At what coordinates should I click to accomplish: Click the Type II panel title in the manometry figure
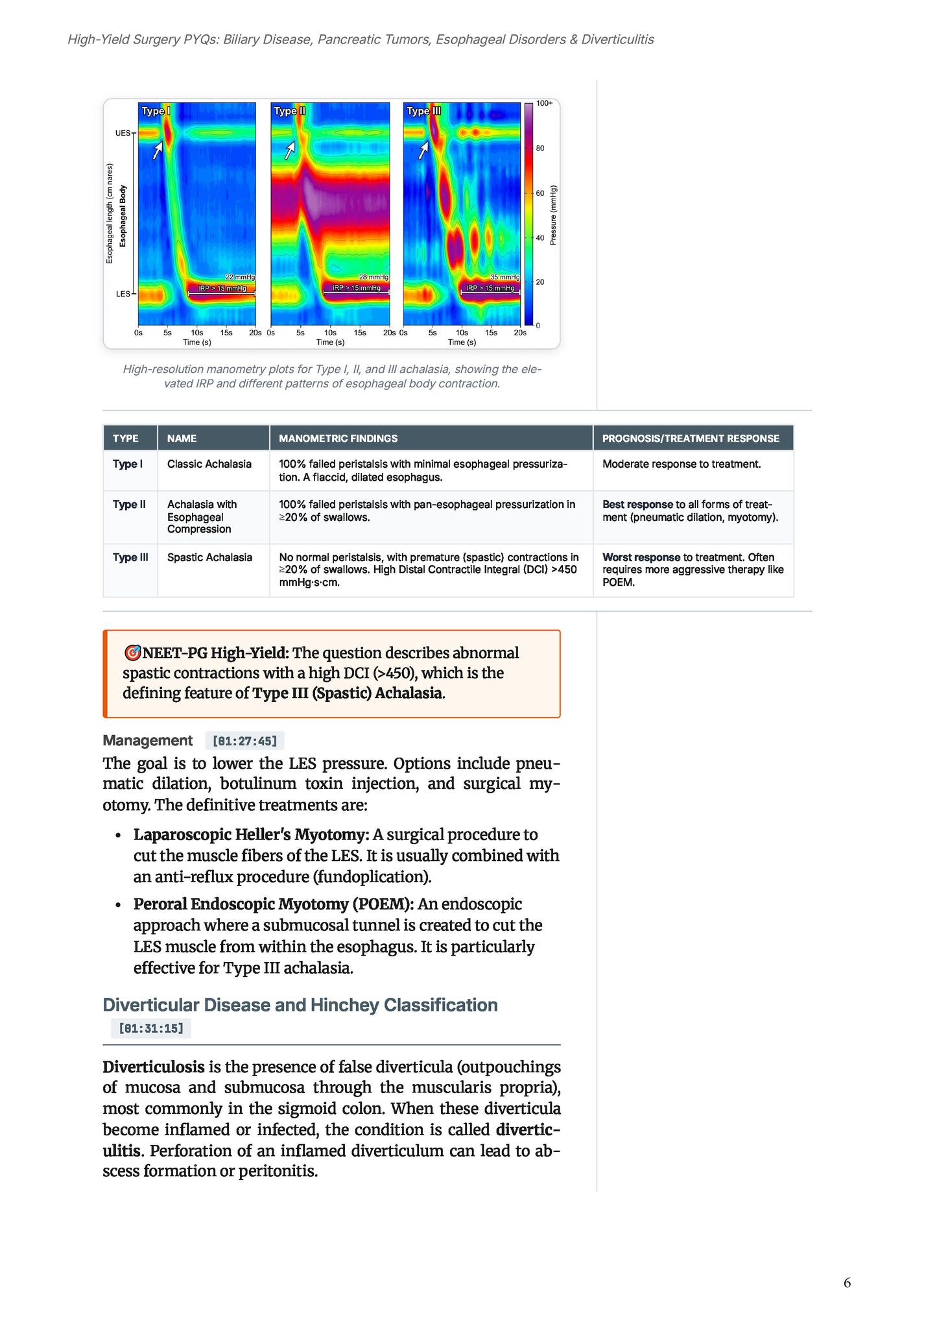(x=289, y=111)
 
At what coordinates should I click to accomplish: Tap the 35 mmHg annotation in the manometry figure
(x=504, y=277)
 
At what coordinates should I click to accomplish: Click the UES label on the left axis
(x=123, y=133)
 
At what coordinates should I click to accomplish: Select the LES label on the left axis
(x=123, y=294)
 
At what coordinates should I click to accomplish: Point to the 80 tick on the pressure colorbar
(x=540, y=149)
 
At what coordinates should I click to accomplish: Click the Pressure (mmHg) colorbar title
(x=553, y=215)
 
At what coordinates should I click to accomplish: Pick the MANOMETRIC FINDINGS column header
(x=338, y=439)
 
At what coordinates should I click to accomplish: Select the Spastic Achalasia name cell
(x=209, y=557)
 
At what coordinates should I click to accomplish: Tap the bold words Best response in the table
(x=637, y=504)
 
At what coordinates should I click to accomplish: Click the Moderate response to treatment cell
(x=682, y=464)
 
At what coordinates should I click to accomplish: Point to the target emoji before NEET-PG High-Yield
(x=132, y=653)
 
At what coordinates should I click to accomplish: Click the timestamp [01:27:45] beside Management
(x=244, y=741)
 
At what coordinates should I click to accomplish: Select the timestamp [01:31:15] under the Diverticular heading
(x=151, y=1028)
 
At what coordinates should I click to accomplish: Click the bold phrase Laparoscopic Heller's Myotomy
(x=251, y=834)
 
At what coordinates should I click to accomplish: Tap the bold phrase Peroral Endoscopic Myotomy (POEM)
(x=273, y=904)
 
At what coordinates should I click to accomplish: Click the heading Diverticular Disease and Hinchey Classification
(x=300, y=1005)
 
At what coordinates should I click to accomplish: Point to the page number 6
(x=847, y=1283)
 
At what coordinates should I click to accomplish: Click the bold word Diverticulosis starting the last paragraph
(x=153, y=1067)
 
